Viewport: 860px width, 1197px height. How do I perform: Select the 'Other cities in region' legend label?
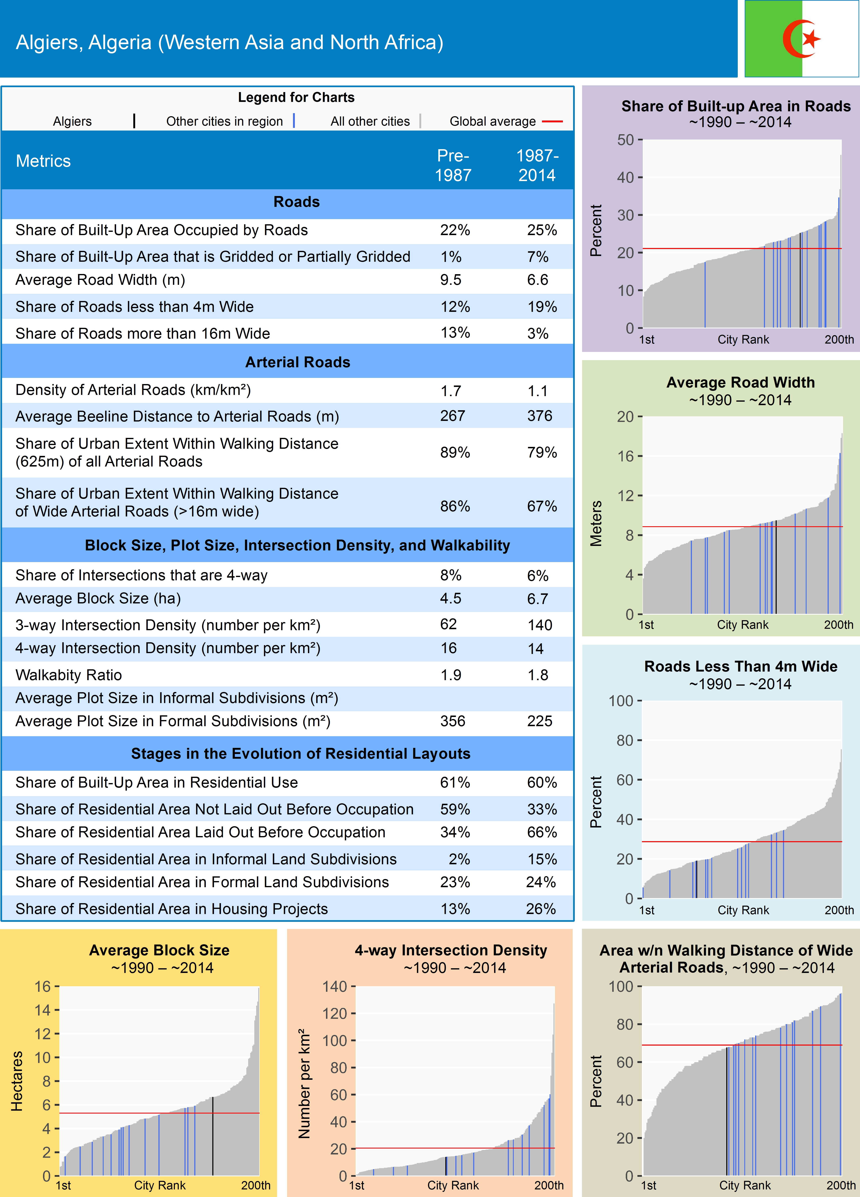tap(224, 121)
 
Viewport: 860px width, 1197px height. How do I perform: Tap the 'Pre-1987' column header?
tap(453, 165)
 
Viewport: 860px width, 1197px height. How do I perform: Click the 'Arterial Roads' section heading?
tap(297, 362)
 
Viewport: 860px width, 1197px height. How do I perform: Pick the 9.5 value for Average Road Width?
tap(451, 280)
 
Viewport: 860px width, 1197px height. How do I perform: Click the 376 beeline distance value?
tap(539, 416)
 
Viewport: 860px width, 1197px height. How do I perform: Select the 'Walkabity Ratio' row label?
tap(69, 675)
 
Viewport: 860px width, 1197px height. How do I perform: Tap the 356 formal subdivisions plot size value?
tap(453, 721)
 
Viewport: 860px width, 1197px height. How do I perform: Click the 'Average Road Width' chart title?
tap(740, 382)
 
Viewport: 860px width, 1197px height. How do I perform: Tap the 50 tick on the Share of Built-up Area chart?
tap(626, 140)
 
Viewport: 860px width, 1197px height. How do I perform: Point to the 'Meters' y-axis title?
tap(596, 523)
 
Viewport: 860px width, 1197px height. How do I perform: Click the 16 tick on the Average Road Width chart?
tap(626, 456)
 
